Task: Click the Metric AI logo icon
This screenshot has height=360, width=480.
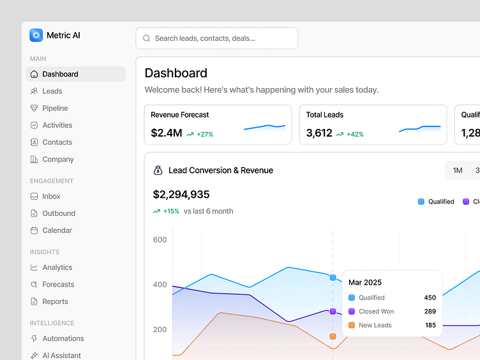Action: (36, 36)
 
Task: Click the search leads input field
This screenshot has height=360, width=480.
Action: (216, 38)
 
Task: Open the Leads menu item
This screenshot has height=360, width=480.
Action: (52, 91)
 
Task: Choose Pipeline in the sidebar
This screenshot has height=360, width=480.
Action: (55, 109)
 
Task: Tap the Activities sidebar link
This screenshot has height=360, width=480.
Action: (57, 125)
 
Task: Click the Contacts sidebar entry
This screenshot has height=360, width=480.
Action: (57, 142)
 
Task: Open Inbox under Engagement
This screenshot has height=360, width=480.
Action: (51, 197)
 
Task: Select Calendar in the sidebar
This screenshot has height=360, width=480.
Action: (57, 230)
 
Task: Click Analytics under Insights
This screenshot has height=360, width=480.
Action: (57, 267)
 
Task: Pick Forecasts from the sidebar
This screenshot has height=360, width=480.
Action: (58, 285)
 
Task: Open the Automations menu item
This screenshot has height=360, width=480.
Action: (63, 338)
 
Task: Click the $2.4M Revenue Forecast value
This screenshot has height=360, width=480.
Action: (167, 133)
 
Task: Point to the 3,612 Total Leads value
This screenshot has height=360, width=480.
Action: (319, 133)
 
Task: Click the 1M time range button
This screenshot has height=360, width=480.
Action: (457, 170)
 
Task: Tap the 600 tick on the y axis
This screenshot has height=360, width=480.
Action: (160, 240)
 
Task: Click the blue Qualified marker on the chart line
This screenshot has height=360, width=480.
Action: (333, 278)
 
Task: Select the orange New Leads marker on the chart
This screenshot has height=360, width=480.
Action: (333, 336)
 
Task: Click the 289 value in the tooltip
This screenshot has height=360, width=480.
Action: (430, 311)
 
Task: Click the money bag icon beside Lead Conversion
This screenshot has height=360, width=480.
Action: (158, 170)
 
